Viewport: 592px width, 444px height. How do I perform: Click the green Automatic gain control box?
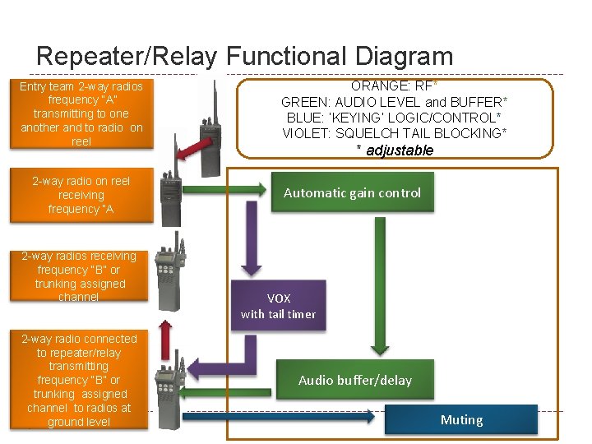[x=352, y=192]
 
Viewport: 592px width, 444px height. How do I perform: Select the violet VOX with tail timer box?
[x=278, y=306]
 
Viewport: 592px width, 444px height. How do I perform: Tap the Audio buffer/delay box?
[x=354, y=380]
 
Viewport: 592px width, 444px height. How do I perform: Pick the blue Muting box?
[x=461, y=419]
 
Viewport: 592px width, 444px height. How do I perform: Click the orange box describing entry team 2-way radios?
[x=81, y=113]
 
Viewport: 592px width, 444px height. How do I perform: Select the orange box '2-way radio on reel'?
[x=81, y=195]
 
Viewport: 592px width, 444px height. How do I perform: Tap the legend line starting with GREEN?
[x=394, y=102]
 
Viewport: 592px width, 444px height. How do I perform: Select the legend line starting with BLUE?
[x=394, y=118]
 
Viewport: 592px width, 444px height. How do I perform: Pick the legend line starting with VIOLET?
[x=394, y=133]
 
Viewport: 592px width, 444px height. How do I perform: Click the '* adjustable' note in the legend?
[x=394, y=150]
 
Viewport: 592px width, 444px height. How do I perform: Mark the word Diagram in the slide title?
[x=404, y=56]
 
